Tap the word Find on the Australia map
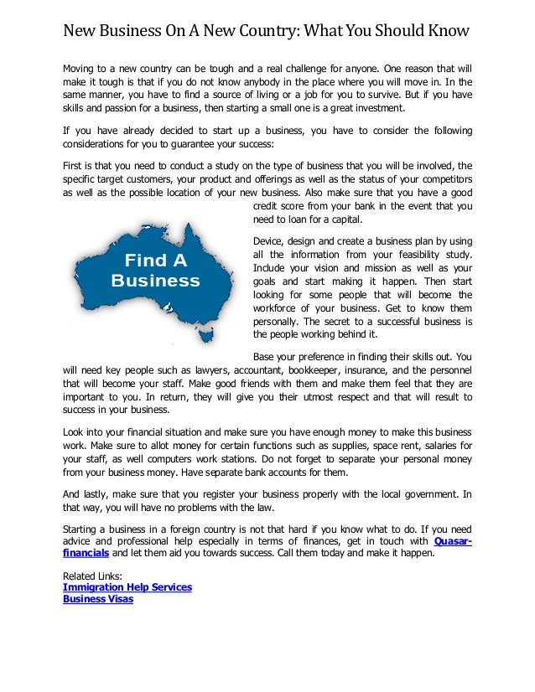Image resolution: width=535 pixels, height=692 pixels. coord(155,260)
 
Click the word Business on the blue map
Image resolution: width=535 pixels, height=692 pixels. coord(155,281)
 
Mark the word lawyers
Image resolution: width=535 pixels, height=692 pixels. coord(216,369)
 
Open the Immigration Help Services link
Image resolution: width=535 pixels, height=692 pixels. coord(127,587)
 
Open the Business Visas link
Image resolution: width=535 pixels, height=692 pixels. coord(98,599)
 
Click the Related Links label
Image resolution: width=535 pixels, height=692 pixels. coord(92,576)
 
